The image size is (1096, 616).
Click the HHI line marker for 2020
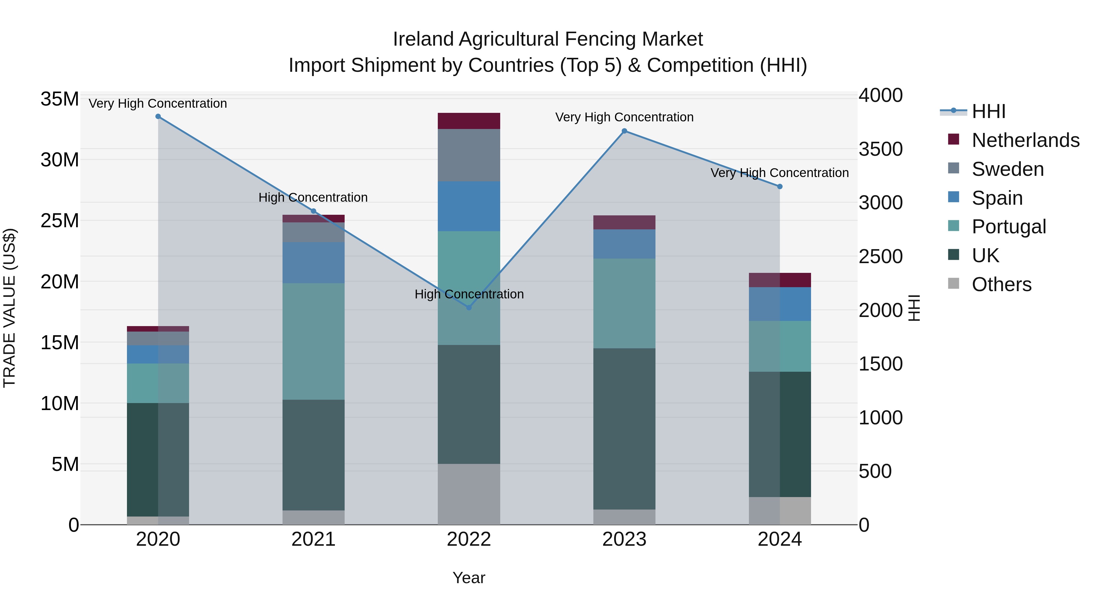tap(158, 117)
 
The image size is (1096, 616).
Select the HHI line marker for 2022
tap(469, 307)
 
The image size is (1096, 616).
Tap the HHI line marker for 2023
tap(624, 131)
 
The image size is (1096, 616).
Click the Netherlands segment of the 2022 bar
tap(469, 121)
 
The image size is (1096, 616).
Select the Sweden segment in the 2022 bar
tap(469, 155)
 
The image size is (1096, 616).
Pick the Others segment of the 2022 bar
tap(469, 494)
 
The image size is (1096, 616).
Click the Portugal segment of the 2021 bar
tap(314, 341)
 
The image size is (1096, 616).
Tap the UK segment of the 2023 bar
tap(624, 429)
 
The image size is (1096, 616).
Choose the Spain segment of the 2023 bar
tap(624, 244)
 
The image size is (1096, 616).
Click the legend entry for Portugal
tap(1008, 227)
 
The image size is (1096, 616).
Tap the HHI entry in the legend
tap(988, 111)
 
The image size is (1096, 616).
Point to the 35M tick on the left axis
tap(60, 99)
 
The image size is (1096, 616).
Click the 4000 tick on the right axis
tap(880, 95)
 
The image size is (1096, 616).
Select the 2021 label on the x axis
tap(314, 539)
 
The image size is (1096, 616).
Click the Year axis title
tap(469, 578)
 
